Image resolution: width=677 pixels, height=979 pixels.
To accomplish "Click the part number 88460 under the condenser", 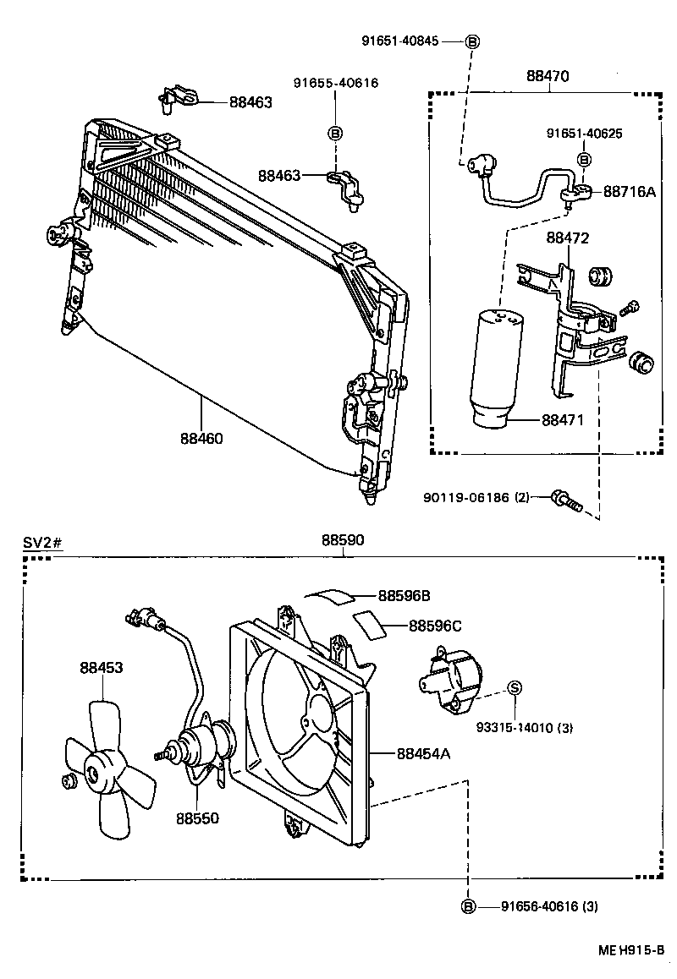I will (x=201, y=439).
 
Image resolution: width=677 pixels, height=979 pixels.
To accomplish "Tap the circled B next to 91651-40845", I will (x=473, y=41).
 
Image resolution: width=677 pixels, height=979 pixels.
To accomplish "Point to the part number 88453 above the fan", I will (x=102, y=667).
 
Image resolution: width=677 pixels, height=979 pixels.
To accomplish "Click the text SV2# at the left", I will (x=41, y=542).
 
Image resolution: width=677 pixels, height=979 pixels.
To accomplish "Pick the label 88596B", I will (x=404, y=596).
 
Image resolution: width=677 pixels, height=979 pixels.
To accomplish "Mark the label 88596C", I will (x=435, y=626).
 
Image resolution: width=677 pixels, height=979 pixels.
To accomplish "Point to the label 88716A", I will (x=629, y=192).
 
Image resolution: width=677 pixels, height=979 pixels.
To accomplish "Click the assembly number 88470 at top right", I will (x=548, y=76).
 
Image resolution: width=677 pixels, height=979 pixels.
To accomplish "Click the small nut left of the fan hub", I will (x=68, y=780).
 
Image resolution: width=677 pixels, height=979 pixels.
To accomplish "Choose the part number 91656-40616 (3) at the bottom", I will (x=549, y=907).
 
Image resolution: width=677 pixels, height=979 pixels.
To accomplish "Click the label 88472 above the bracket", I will (x=567, y=239).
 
